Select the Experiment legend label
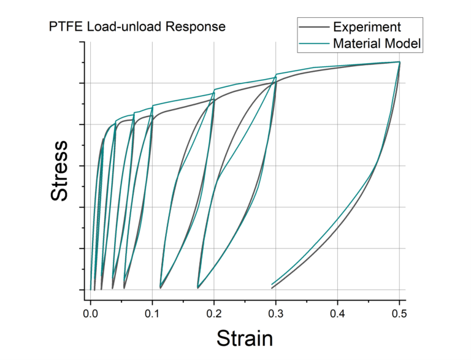(367, 27)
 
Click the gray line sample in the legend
(313, 27)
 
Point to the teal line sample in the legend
(313, 43)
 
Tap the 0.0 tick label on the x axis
(91, 313)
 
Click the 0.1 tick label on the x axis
(152, 313)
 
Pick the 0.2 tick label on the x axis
(214, 313)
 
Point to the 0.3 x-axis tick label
(276, 313)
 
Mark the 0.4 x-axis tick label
(338, 313)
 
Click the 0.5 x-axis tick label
(399, 313)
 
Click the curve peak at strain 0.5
(399, 62)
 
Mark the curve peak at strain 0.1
(152, 107)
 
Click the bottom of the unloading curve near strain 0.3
(272, 286)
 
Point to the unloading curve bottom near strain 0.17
(197, 288)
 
